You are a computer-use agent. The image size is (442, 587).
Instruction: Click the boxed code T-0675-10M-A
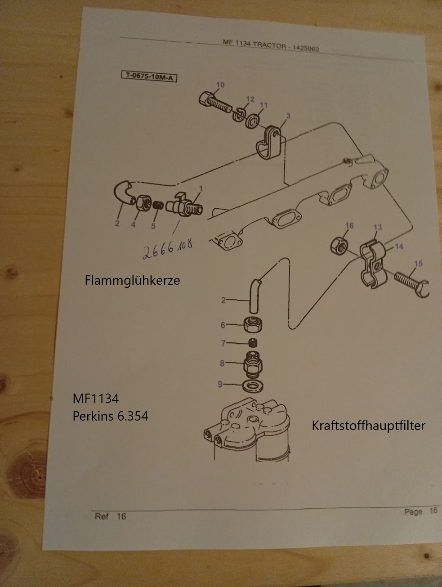tap(149, 76)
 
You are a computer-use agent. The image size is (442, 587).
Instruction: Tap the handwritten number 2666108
tap(168, 249)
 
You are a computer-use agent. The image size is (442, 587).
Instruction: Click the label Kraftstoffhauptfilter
tap(369, 426)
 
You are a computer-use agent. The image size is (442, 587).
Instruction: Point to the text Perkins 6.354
tap(110, 416)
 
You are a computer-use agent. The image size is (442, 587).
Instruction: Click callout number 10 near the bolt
tap(220, 85)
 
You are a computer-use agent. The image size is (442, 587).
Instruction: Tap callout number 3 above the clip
tap(288, 116)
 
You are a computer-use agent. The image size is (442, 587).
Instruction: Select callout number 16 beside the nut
tap(349, 226)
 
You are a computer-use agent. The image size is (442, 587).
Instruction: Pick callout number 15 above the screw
tap(418, 264)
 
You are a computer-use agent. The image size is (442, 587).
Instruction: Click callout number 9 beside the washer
tap(220, 384)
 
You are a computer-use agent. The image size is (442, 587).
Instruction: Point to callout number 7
tap(223, 343)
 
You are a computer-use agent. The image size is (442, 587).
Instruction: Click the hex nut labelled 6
tap(253, 325)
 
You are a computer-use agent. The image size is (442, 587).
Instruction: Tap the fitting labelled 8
tap(253, 364)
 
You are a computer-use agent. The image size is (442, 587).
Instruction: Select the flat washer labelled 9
tap(253, 386)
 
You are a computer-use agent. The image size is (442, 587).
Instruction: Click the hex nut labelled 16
tap(339, 246)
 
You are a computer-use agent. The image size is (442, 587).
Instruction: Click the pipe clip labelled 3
tap(270, 142)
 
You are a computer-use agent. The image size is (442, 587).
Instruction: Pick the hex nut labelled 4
tap(144, 203)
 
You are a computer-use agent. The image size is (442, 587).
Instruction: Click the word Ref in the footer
tap(102, 516)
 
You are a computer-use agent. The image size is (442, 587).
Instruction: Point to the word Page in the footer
tap(413, 511)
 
